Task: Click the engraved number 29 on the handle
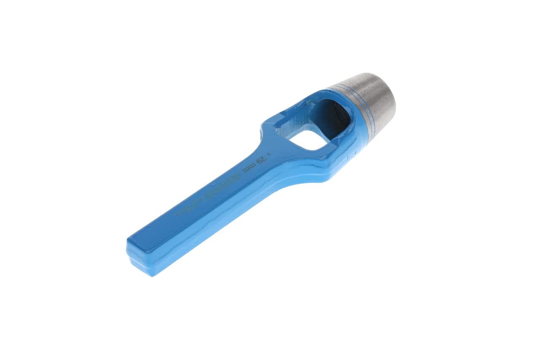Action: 261,160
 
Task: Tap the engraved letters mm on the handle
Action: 248,168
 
